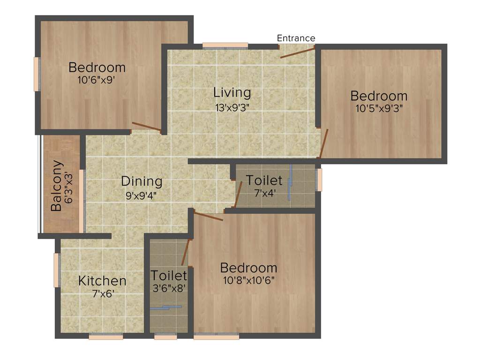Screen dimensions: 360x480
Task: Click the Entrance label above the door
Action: click(x=296, y=38)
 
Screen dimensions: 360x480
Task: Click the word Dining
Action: click(x=142, y=181)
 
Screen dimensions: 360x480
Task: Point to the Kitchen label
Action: click(x=102, y=281)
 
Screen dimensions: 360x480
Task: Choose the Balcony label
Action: click(x=57, y=186)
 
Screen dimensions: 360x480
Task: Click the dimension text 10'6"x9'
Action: click(x=97, y=80)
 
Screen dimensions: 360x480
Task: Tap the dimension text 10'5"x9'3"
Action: click(x=379, y=108)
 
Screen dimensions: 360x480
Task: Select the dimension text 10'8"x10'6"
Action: click(x=248, y=280)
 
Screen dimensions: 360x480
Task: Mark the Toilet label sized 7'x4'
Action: click(x=264, y=180)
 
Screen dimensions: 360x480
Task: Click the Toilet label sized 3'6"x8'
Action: click(x=169, y=275)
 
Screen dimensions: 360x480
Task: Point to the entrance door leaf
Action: click(x=298, y=52)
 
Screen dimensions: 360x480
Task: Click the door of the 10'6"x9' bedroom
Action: click(x=147, y=126)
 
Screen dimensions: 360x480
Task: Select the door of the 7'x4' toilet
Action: click(x=238, y=194)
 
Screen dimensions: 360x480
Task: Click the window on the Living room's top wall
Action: click(x=225, y=45)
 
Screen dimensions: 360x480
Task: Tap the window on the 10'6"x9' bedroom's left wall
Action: click(x=37, y=74)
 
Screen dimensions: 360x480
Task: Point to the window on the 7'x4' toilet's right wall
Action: click(x=319, y=180)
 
